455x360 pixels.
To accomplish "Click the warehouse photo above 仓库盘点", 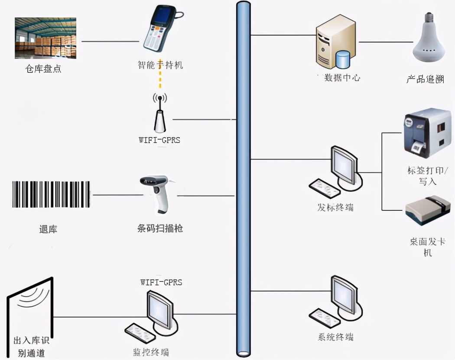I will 45,38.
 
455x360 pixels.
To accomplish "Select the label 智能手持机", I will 160,65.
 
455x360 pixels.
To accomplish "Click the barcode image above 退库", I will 51,194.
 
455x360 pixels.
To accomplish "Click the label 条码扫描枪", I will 159,228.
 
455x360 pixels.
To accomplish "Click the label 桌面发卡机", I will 427,247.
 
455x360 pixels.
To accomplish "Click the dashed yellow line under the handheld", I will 160,74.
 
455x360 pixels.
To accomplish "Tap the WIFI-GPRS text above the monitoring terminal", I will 161,282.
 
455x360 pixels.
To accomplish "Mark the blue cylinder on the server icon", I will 343,59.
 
